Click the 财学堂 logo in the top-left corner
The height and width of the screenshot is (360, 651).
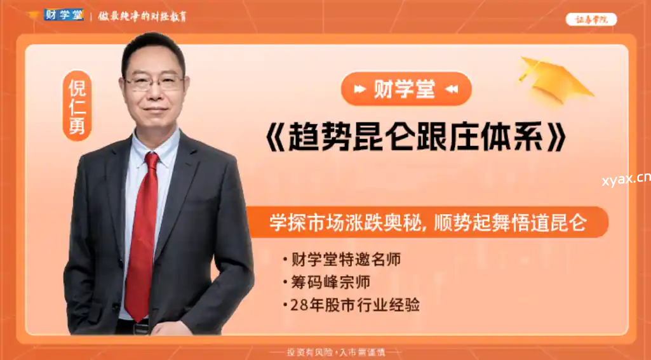click(x=64, y=15)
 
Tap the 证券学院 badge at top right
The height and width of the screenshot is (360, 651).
click(x=591, y=20)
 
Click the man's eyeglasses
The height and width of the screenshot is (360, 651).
click(x=154, y=82)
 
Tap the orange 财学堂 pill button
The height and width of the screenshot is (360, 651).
click(x=406, y=89)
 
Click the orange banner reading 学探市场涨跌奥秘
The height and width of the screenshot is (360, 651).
click(x=429, y=222)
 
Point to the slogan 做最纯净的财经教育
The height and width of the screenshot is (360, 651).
click(x=142, y=16)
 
